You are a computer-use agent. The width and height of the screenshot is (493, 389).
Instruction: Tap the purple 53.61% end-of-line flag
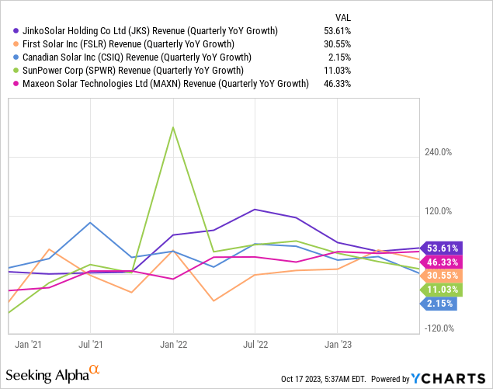point(441,248)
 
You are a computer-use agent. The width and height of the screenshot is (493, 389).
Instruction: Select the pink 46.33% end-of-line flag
point(441,262)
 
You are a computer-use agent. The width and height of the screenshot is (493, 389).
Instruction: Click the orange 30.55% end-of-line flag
point(441,276)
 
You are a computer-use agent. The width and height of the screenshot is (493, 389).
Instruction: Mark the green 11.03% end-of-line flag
point(441,290)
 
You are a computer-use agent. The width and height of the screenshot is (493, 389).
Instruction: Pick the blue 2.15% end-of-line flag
point(439,304)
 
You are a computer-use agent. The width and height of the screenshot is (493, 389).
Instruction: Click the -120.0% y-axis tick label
point(439,328)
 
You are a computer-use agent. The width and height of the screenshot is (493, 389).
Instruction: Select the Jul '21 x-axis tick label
point(91,343)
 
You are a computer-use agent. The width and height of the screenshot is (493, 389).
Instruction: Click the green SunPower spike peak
point(173,127)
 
